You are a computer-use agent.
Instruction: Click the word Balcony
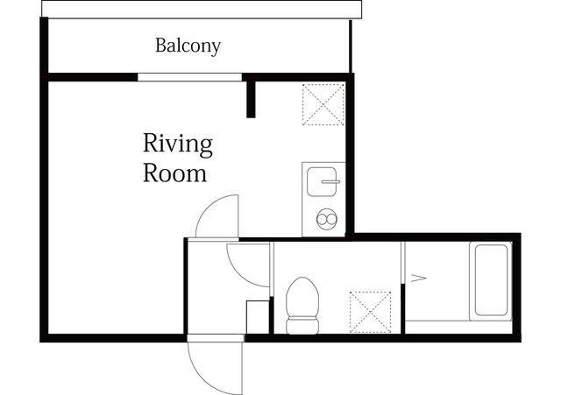(188, 46)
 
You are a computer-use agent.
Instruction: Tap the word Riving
(178, 145)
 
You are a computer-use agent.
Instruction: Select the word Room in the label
(174, 173)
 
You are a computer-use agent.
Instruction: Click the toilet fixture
(302, 306)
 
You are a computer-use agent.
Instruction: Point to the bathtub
(491, 280)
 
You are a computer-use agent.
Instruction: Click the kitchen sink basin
(322, 181)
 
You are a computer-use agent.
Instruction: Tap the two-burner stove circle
(327, 218)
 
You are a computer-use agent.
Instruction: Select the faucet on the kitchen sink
(330, 181)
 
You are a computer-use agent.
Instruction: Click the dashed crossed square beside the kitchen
(323, 104)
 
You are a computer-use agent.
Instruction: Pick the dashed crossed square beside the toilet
(370, 312)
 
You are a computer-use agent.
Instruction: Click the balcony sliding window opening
(189, 77)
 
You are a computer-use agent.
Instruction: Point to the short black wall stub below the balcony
(251, 99)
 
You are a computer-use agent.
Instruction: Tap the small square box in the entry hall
(258, 317)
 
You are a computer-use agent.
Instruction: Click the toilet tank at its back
(302, 326)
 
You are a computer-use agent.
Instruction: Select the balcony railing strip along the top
(202, 9)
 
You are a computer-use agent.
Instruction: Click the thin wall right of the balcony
(351, 46)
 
